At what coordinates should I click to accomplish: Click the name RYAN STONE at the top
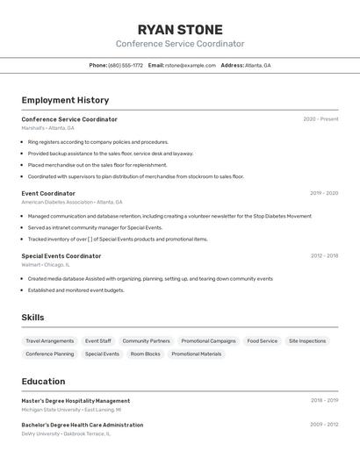(x=180, y=30)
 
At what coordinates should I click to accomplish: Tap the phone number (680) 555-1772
(x=126, y=65)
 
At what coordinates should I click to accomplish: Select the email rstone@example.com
(x=190, y=65)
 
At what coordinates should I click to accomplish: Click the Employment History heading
(x=65, y=100)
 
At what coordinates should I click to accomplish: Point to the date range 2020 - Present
(x=320, y=119)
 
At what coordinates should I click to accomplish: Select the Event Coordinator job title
(x=48, y=193)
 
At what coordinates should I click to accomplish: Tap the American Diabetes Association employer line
(x=72, y=202)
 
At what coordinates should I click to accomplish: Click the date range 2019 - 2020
(x=324, y=193)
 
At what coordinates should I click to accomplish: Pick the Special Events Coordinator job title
(x=61, y=256)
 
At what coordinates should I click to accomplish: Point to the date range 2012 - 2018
(x=324, y=256)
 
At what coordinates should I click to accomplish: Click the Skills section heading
(x=32, y=318)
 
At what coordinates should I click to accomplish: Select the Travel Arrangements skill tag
(x=50, y=340)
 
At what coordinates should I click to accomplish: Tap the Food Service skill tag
(x=262, y=340)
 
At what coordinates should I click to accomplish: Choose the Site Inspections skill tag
(x=307, y=340)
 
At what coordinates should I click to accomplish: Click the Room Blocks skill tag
(x=146, y=354)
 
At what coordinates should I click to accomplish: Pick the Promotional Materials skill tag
(x=197, y=354)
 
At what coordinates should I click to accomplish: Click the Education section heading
(x=43, y=382)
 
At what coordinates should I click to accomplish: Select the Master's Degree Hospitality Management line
(x=76, y=401)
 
